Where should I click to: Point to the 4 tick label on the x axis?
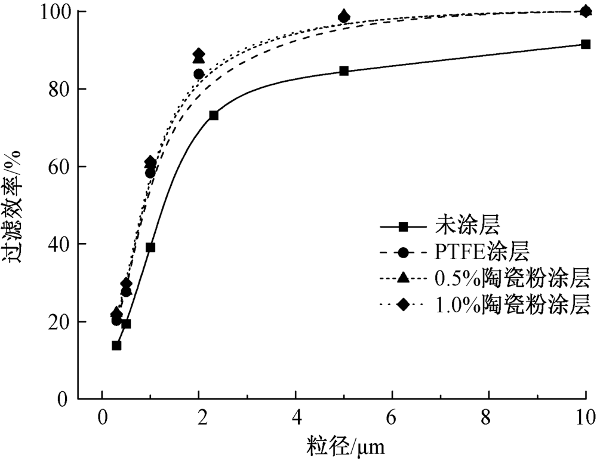tap(296, 414)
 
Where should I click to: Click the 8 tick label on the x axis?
tap(489, 414)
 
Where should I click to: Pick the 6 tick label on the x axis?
tap(392, 414)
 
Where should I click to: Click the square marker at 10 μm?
tap(586, 44)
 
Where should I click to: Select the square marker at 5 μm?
tap(344, 71)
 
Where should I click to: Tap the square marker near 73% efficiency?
tap(213, 115)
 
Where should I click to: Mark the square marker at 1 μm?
tap(150, 247)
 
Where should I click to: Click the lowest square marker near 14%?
tap(116, 345)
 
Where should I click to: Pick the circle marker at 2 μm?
tap(199, 74)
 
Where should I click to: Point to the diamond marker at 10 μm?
tap(586, 11)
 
